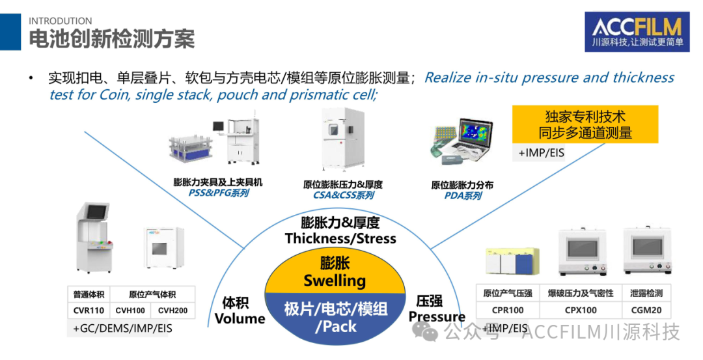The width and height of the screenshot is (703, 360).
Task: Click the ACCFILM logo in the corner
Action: pyautogui.click(x=637, y=31)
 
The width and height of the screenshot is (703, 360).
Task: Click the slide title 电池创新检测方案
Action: pyautogui.click(x=112, y=39)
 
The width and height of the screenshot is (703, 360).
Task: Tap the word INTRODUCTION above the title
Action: pyautogui.click(x=61, y=21)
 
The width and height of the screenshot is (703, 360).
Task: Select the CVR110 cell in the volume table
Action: pyautogui.click(x=89, y=311)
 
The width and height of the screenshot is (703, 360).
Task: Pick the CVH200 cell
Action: pyautogui.click(x=172, y=311)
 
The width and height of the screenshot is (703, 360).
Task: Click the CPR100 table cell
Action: pyautogui.click(x=508, y=311)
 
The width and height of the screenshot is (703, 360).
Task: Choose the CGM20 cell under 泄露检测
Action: pyautogui.click(x=646, y=311)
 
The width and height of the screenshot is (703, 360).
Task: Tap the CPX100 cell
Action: pyautogui.click(x=581, y=311)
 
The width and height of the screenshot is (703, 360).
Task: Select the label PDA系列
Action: pyautogui.click(x=462, y=195)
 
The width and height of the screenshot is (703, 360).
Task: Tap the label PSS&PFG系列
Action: pyautogui.click(x=218, y=193)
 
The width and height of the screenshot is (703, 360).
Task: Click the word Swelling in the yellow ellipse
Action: pyautogui.click(x=335, y=281)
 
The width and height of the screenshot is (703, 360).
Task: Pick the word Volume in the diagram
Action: pyautogui.click(x=240, y=318)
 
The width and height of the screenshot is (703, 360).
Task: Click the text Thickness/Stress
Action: pyautogui.click(x=340, y=238)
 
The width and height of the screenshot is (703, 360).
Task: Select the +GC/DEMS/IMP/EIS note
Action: pyautogui.click(x=123, y=328)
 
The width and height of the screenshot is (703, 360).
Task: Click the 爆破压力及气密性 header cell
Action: pyautogui.click(x=581, y=293)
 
